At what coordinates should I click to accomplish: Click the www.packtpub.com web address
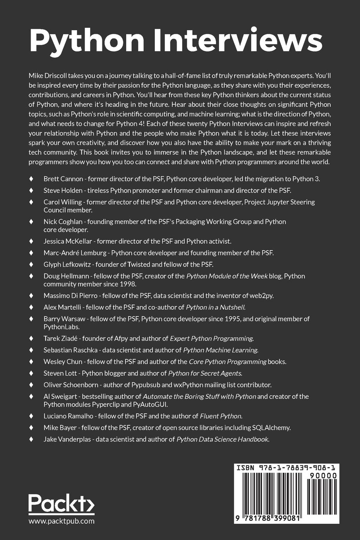(x=62, y=521)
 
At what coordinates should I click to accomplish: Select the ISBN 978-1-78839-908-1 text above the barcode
(x=286, y=468)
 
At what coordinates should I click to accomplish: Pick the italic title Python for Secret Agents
(x=205, y=373)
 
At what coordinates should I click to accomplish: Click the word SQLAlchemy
(x=271, y=428)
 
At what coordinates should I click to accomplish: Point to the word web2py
(x=262, y=295)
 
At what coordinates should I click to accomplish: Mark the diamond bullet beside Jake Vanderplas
(x=31, y=439)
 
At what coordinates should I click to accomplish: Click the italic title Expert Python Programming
(x=212, y=338)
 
